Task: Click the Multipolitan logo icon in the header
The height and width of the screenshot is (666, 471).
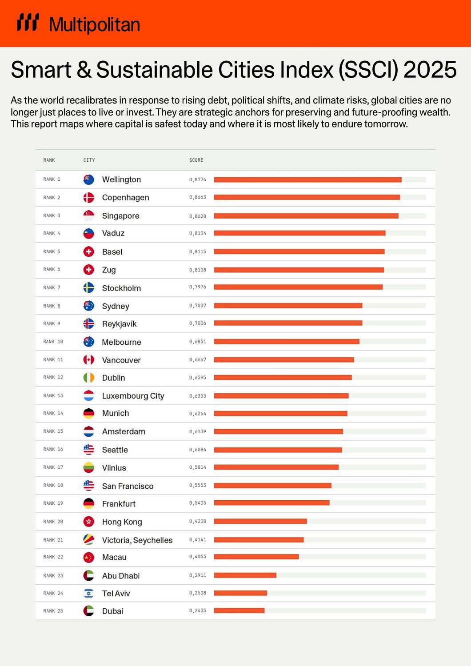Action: (x=28, y=23)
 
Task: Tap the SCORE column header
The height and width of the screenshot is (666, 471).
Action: (x=196, y=160)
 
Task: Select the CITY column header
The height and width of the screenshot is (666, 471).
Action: (x=89, y=160)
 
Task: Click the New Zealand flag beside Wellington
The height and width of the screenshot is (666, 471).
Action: (x=89, y=179)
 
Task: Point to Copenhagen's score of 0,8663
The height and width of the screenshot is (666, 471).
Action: (x=197, y=197)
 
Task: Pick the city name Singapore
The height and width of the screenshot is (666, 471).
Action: (x=120, y=216)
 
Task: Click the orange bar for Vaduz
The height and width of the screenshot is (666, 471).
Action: (x=299, y=233)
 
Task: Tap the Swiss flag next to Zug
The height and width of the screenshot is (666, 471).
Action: (x=89, y=270)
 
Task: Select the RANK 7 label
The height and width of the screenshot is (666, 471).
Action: (x=52, y=288)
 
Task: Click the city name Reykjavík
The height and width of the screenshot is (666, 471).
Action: (x=119, y=324)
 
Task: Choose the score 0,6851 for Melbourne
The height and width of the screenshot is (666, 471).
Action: (x=197, y=342)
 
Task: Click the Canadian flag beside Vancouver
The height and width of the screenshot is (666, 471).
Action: (x=89, y=360)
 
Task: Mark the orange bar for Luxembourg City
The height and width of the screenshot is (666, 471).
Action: (x=281, y=396)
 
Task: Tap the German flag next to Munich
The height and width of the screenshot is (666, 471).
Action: (x=89, y=413)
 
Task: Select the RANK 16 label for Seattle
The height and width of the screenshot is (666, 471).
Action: (x=53, y=450)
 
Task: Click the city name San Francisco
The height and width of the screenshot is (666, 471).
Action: (x=128, y=486)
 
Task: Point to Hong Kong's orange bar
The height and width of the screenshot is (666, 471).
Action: (x=260, y=521)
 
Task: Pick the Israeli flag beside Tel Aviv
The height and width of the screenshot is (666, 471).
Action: (x=89, y=594)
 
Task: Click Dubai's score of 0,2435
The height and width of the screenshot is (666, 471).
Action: (x=197, y=611)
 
